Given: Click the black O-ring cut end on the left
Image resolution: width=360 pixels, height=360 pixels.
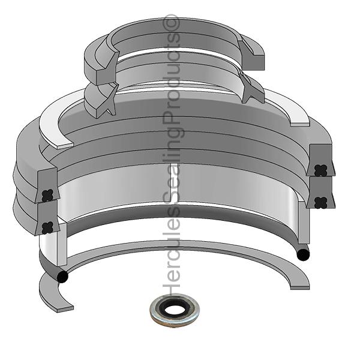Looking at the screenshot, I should pos(61,277).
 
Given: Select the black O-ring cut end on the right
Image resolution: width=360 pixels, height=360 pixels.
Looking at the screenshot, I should pos(304,254).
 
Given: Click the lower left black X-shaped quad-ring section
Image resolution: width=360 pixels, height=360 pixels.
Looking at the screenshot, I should pos(48,227).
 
